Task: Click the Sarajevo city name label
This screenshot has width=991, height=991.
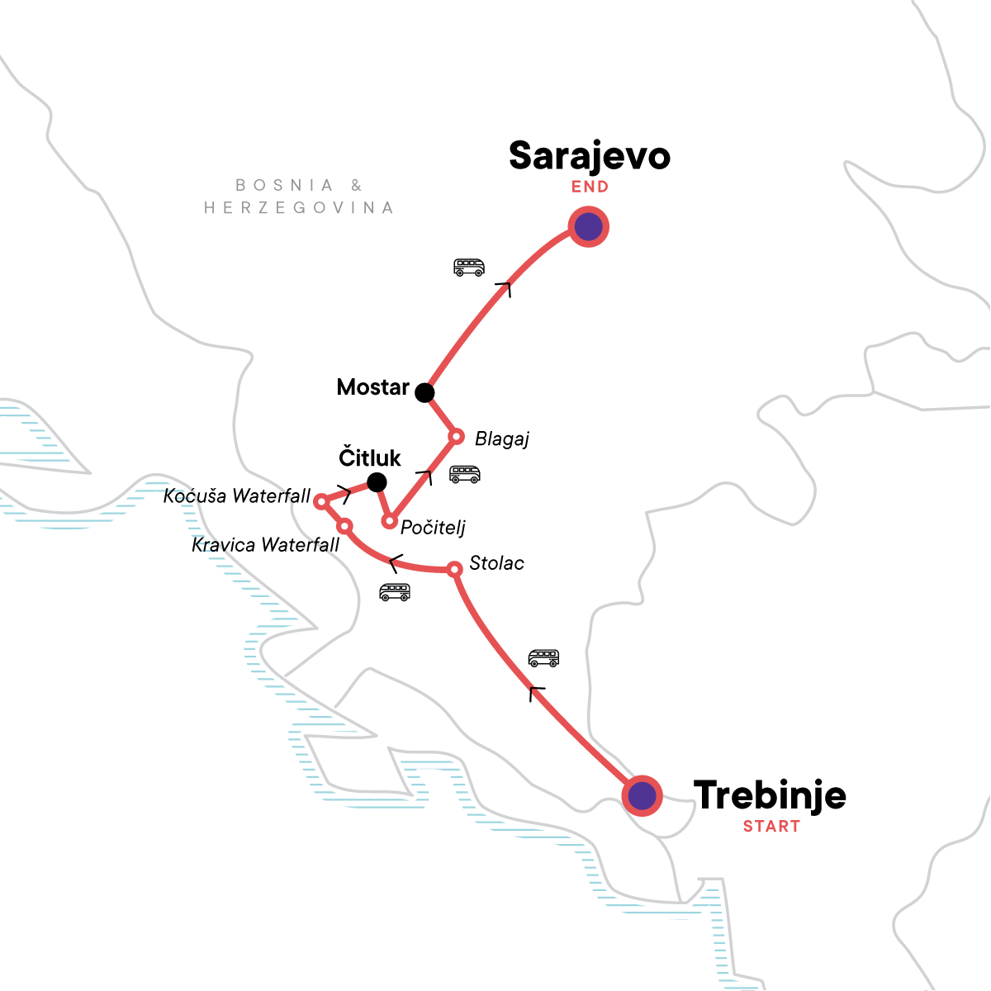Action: [x=589, y=156]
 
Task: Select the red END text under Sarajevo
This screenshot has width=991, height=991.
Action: [x=590, y=187]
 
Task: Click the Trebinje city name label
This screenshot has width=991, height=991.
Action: [x=770, y=795]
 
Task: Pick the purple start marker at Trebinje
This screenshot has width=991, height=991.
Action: [x=642, y=796]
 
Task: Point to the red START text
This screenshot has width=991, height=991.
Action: [x=771, y=827]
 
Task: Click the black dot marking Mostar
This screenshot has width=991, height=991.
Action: [x=424, y=392]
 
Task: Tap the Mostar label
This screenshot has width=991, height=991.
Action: [x=373, y=387]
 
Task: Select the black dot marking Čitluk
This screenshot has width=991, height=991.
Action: [x=377, y=481]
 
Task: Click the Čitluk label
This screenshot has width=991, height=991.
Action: [x=370, y=458]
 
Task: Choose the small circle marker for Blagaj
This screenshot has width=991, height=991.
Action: [x=455, y=436]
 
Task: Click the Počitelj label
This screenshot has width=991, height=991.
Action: [x=433, y=528]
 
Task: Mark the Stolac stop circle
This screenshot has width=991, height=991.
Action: [x=454, y=569]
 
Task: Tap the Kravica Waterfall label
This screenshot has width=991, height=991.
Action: [x=265, y=545]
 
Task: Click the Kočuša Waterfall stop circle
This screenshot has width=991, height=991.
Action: [x=322, y=500]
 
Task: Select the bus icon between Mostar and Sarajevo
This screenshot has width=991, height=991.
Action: [x=469, y=268]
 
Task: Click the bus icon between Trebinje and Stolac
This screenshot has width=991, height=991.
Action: [x=543, y=658]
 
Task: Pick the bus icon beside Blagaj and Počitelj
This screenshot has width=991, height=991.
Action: [x=464, y=475]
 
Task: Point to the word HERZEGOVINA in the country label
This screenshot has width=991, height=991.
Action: [x=298, y=208]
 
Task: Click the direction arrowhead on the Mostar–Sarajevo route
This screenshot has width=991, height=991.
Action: [x=504, y=287]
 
